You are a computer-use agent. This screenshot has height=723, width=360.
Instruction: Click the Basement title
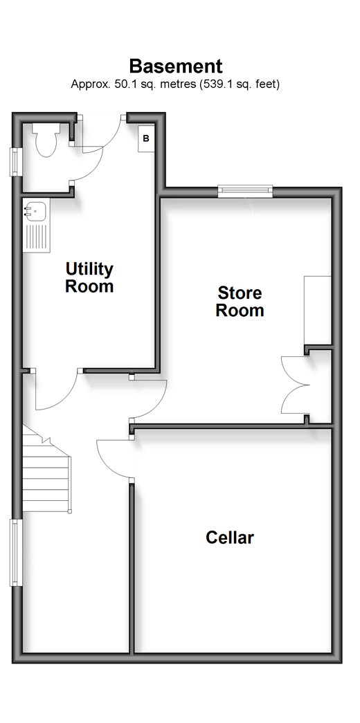176,66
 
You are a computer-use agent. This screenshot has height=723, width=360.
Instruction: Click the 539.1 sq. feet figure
239,84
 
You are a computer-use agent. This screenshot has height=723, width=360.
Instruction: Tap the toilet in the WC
46,139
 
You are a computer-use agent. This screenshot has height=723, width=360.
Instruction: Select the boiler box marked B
146,138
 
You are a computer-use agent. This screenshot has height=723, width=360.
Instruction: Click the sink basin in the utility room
36,212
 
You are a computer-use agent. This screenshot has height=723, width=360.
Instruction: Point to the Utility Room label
89,277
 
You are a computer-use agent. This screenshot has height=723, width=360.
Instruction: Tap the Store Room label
240,301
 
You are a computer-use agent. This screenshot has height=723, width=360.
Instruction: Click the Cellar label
230,538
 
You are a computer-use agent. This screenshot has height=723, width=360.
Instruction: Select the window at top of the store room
245,190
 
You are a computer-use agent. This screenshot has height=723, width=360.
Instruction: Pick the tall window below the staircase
16,553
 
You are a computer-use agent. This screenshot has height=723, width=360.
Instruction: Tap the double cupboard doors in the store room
294,385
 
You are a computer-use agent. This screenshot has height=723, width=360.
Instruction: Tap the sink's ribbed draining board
37,238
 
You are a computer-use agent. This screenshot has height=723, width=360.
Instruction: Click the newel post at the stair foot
70,511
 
